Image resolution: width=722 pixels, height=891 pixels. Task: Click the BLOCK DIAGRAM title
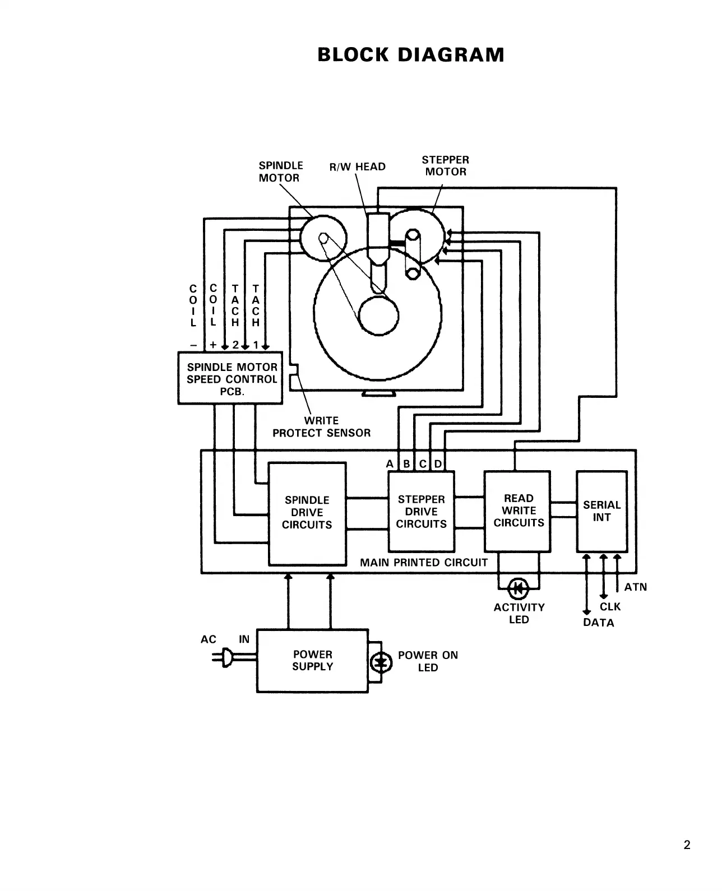click(410, 55)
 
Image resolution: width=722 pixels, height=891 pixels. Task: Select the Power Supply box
click(312, 661)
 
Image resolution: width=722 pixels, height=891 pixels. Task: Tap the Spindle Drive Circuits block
click(307, 513)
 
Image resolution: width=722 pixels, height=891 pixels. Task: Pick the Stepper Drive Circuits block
click(421, 512)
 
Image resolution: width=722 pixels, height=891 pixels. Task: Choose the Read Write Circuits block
click(518, 511)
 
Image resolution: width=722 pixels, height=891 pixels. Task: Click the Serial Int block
click(601, 511)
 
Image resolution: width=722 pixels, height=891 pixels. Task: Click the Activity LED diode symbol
click(518, 588)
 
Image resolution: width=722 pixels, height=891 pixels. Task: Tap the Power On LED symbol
click(382, 662)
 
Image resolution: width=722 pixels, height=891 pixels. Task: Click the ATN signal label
click(635, 587)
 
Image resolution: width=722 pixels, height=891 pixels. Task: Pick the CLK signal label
click(610, 607)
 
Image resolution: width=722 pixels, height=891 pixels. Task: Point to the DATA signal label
click(598, 623)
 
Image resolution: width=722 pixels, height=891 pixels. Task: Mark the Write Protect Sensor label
click(321, 427)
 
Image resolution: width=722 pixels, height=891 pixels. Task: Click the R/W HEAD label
click(357, 167)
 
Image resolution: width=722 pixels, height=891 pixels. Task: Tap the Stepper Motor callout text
click(445, 166)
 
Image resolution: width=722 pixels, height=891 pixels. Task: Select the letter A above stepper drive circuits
click(390, 464)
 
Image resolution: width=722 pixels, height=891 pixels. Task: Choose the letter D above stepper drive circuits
click(438, 464)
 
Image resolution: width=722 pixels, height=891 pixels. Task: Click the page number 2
click(687, 845)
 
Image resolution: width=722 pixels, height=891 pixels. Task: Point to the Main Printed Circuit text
click(423, 563)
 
